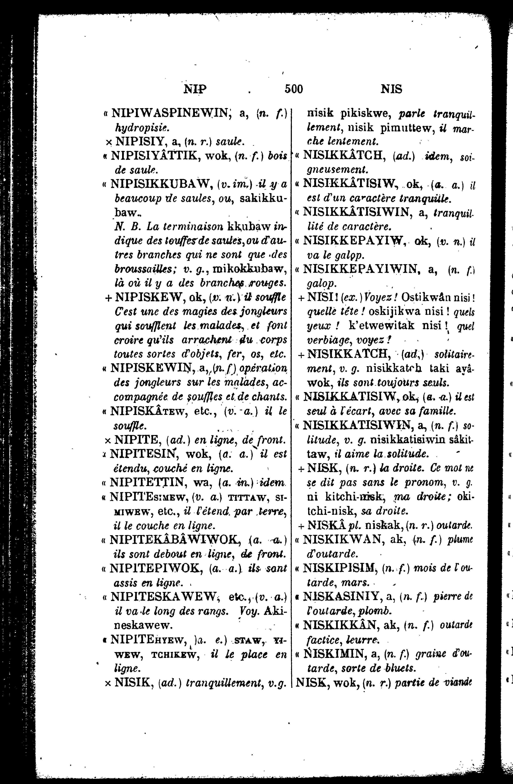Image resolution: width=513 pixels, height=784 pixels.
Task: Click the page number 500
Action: pos(293,89)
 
